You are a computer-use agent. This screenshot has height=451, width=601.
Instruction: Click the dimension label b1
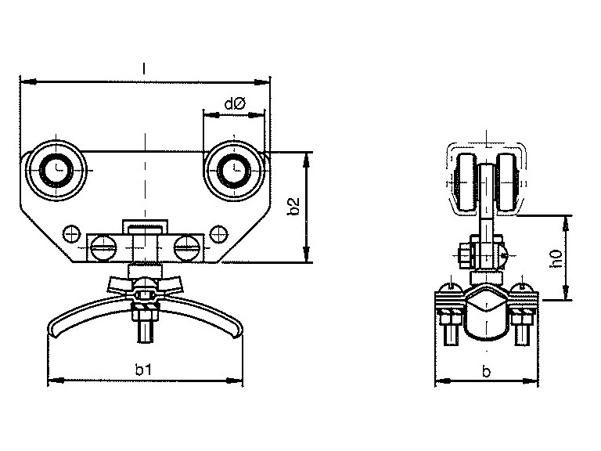click(x=144, y=370)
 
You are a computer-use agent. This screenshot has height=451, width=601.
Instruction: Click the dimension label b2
click(x=294, y=207)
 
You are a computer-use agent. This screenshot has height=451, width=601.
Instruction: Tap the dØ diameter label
click(x=235, y=103)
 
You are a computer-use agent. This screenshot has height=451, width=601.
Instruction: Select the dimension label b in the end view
click(x=487, y=371)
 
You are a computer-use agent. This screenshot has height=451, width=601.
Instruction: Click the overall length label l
click(x=144, y=69)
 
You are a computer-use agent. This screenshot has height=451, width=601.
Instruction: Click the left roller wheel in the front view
click(x=56, y=169)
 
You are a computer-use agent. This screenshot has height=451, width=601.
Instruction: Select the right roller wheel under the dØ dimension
click(x=234, y=169)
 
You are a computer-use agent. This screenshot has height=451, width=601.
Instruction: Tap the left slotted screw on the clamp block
click(x=103, y=248)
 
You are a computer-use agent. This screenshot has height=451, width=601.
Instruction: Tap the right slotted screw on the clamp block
click(x=187, y=248)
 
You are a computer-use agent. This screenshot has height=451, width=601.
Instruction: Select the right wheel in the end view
click(x=507, y=182)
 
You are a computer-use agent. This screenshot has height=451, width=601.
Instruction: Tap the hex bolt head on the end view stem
click(x=465, y=254)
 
